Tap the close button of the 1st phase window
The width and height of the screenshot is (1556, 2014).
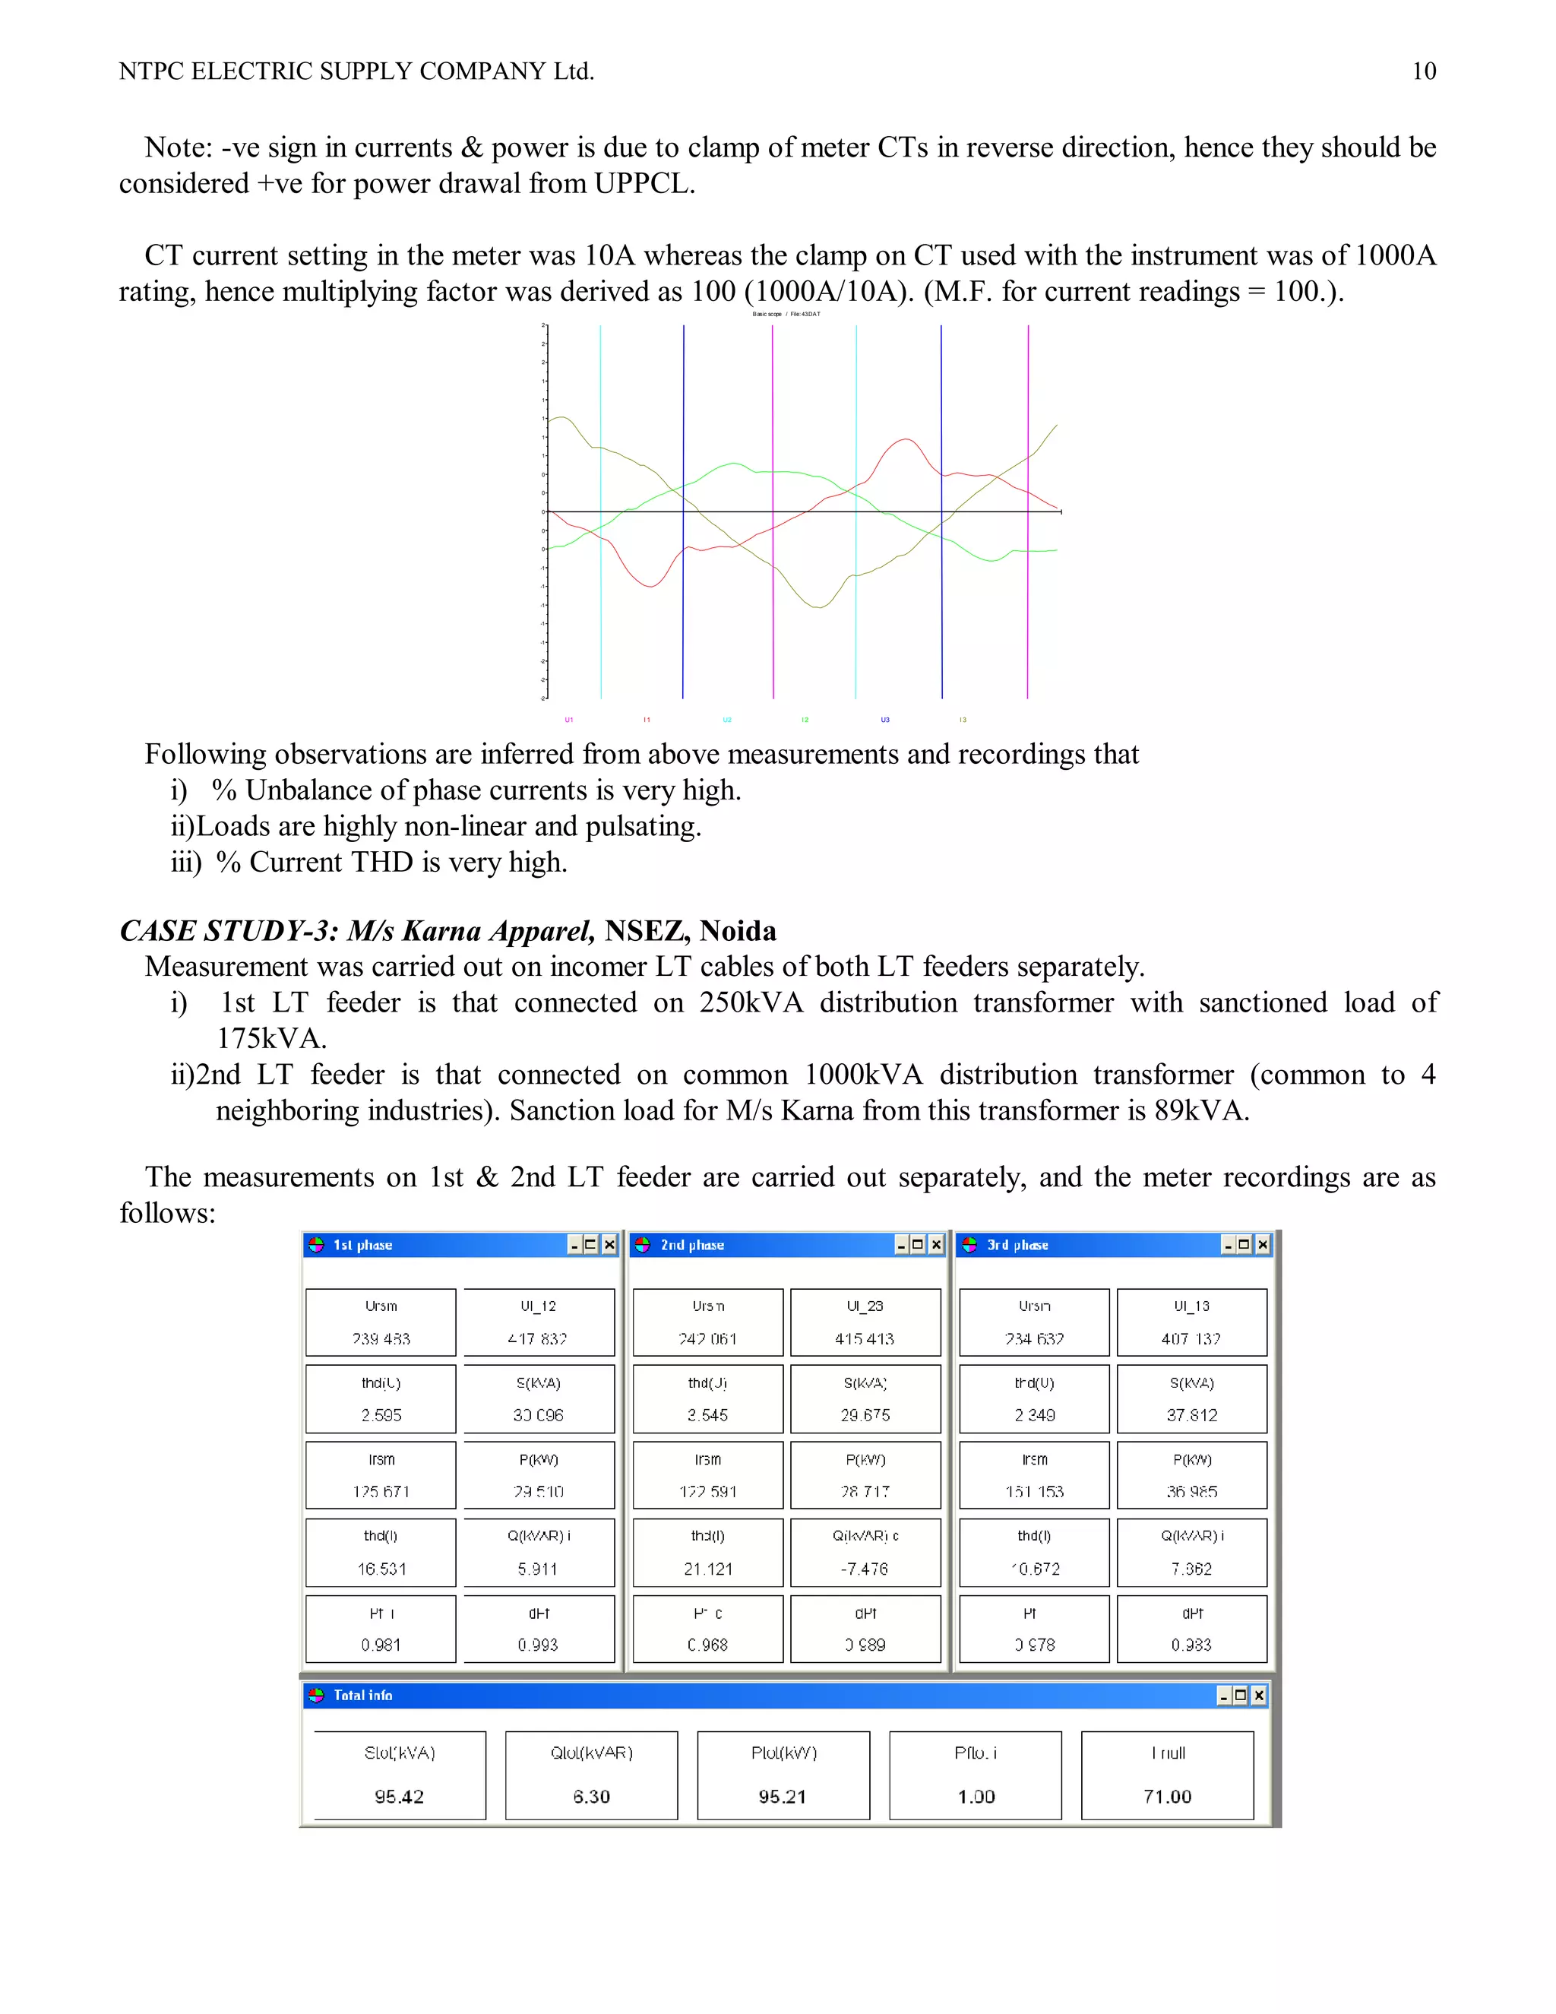pos(609,1245)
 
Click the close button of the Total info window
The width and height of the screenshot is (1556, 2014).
pos(1258,1695)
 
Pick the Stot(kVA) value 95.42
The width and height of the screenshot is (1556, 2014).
pos(399,1797)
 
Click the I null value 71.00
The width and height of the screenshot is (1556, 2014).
pos(1167,1797)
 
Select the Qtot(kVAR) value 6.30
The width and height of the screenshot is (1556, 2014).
pos(591,1797)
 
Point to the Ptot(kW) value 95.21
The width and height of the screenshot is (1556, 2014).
pos(783,1797)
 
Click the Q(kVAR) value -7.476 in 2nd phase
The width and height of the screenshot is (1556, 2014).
pos(865,1569)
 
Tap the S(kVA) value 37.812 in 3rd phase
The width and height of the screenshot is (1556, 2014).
pos(1192,1414)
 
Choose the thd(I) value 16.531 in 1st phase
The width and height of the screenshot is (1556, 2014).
pos(381,1569)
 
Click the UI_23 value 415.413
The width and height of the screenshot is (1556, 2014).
pos(865,1338)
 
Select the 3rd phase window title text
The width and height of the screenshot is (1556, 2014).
pos(1017,1245)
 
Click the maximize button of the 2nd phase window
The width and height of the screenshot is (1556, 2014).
pos(917,1245)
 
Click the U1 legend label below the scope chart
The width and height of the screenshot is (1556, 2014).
pos(569,719)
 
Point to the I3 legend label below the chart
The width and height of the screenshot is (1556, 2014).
pos(963,719)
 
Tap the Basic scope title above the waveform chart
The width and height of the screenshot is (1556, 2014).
pos(767,315)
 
